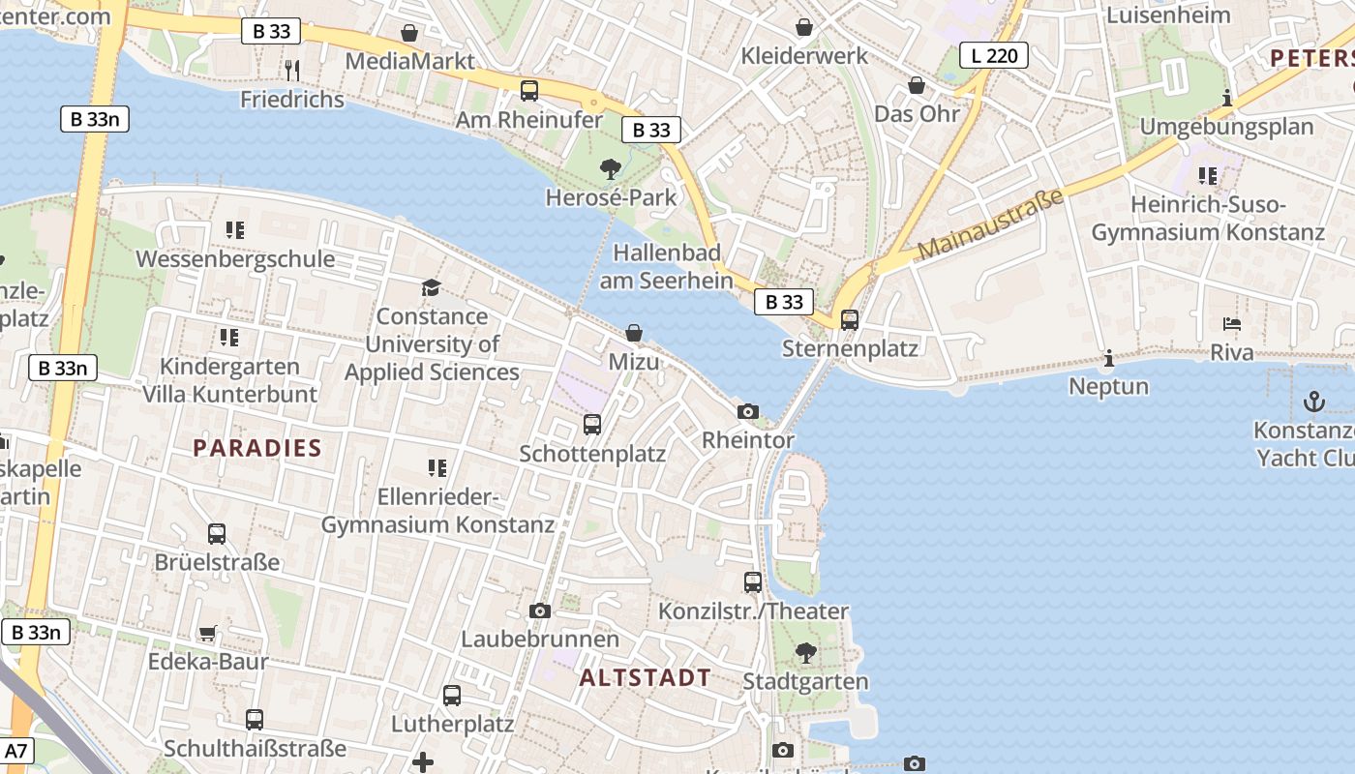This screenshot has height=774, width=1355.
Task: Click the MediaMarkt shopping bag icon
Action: pos(409,33)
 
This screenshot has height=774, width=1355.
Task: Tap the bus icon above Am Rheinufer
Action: pos(528,91)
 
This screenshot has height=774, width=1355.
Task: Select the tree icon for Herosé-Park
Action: pos(610,169)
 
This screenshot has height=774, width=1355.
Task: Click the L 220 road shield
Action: pos(994,55)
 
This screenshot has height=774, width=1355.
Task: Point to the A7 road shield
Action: pos(17,751)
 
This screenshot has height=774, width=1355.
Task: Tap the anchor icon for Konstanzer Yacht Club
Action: pos(1313,401)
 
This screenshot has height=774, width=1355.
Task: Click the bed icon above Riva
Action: pos(1231,324)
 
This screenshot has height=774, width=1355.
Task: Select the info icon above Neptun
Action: pos(1108,359)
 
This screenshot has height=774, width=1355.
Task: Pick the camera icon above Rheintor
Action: pos(747,412)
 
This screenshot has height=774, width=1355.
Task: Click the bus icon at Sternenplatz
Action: pos(849,319)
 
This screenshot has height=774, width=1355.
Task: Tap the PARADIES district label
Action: pos(256,448)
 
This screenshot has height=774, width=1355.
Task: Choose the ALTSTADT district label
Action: pos(645,678)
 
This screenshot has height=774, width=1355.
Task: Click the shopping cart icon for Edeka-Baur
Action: pos(208,634)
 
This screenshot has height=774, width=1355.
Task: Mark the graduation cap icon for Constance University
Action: pos(431,287)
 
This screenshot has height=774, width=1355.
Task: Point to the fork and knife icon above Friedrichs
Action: pos(292,70)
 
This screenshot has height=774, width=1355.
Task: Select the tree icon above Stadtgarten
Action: pos(805,653)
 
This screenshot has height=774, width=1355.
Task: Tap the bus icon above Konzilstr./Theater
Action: pos(753,582)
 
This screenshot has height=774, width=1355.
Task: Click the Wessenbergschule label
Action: pos(235,259)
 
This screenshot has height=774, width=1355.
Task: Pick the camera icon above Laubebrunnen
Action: pos(540,610)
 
